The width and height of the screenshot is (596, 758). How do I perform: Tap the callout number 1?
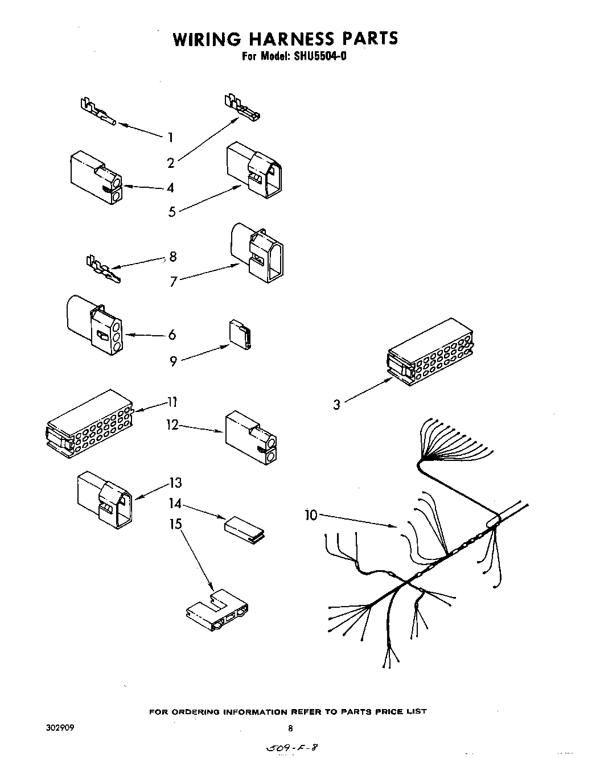[170, 137]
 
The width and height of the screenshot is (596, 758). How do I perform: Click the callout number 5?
[172, 212]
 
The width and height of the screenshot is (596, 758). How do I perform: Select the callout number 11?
[172, 402]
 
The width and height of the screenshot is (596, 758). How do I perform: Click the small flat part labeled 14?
[245, 527]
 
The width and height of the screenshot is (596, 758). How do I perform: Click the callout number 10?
[311, 515]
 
